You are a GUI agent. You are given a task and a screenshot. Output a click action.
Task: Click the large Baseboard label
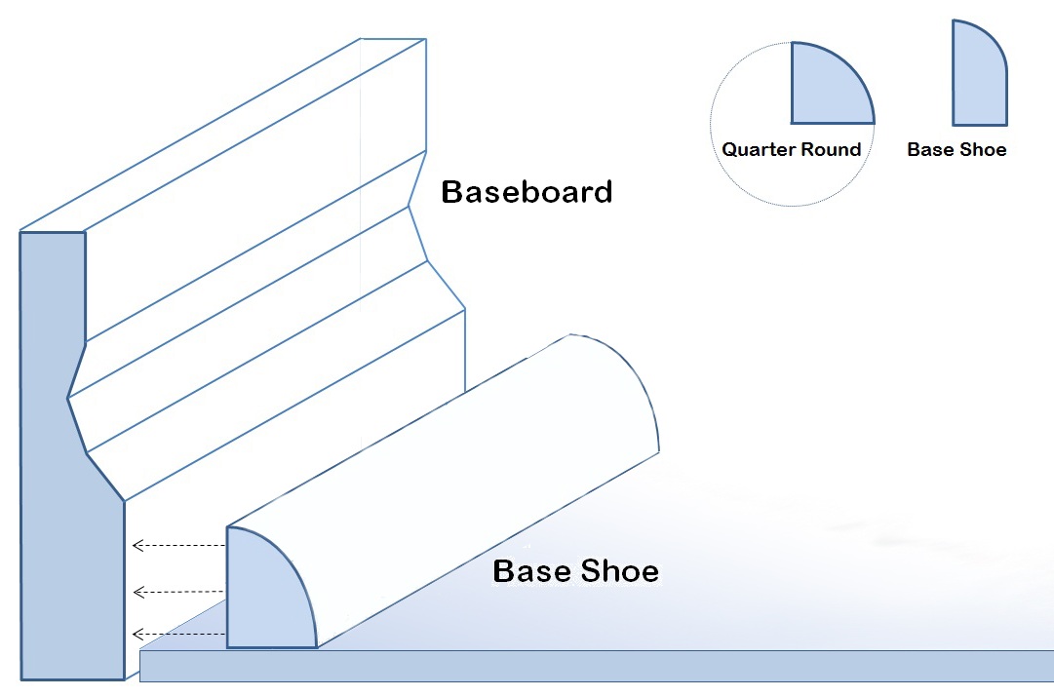527,191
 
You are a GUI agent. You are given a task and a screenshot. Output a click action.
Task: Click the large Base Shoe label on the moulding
575,570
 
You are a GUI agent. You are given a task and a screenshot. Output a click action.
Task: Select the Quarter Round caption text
791,150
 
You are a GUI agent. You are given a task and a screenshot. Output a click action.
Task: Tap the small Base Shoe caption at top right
956,150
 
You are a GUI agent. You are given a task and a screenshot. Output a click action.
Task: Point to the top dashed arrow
178,546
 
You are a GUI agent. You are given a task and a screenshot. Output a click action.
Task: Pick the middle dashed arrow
178,592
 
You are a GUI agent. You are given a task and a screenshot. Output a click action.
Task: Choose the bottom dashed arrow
178,635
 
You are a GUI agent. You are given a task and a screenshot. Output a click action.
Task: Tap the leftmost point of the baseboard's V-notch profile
68,397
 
